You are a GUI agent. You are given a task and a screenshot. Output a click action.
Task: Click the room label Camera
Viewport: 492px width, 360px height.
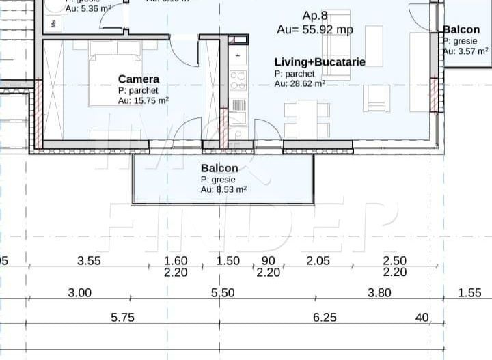pos(139,79)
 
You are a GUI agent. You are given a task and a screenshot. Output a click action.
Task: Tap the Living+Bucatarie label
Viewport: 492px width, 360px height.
pos(320,62)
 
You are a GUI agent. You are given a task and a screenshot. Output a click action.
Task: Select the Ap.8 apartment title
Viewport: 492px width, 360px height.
pos(315,16)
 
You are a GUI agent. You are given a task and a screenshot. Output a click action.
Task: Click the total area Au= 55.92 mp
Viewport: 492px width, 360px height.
pos(315,29)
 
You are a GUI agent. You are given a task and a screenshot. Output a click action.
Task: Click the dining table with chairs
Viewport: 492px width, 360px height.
pos(307,119)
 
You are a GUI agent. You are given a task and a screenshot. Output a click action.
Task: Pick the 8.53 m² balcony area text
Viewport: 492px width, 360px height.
pos(223,190)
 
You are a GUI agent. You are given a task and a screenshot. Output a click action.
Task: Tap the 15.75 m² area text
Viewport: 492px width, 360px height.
pos(143,100)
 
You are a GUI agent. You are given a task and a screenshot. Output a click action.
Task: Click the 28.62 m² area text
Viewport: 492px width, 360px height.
pos(299,83)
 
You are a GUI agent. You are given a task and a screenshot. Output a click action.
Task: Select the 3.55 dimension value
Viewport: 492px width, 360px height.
pos(89,260)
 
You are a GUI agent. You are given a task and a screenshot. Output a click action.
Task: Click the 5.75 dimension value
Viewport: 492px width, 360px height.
pos(122,317)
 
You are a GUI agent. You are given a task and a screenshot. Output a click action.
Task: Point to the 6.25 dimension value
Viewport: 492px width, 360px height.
pos(325,317)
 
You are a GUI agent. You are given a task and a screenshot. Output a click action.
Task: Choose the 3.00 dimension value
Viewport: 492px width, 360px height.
pos(79,293)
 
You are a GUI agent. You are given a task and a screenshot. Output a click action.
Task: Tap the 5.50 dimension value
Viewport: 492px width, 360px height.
pos(223,293)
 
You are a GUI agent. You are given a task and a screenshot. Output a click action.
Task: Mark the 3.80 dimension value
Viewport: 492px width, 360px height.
pos(379,293)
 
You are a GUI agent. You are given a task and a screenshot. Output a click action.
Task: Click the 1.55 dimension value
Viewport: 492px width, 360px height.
pos(469,293)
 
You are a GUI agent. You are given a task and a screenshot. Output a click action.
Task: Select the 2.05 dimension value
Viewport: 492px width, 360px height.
pos(318,260)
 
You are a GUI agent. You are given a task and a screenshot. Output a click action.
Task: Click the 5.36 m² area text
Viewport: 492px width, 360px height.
pos(88,9)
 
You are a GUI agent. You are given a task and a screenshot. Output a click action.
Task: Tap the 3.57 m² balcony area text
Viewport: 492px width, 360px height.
pos(465,51)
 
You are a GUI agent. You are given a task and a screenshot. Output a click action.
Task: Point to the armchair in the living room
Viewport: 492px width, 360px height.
pos(377,97)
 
